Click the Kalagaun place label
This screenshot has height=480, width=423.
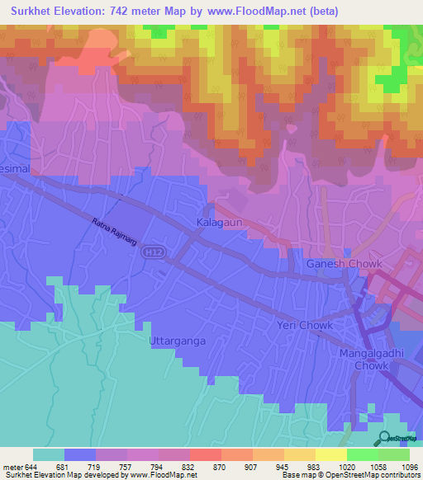[x=218, y=224]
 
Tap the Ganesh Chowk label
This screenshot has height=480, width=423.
[x=344, y=264]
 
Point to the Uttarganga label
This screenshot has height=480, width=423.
[x=176, y=340]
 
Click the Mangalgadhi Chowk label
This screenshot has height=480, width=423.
[x=369, y=360]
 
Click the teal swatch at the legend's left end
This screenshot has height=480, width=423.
[x=48, y=454]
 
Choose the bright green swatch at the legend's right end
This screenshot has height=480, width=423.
[x=393, y=454]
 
